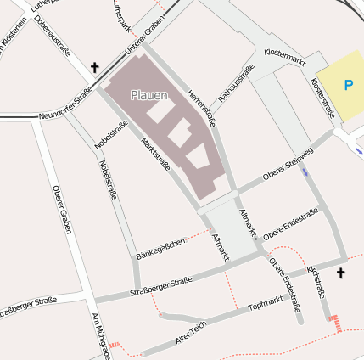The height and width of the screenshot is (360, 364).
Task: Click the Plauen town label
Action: [x=149, y=95]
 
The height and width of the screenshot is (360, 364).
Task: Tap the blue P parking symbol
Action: [x=348, y=85]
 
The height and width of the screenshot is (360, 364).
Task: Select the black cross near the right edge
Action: [x=341, y=273]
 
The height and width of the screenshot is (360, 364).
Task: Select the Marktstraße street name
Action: [x=156, y=160]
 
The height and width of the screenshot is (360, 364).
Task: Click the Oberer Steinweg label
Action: [x=288, y=163]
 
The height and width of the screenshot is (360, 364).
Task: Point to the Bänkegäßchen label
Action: [x=160, y=249]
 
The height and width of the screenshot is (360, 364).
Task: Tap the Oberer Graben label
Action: [x=61, y=211]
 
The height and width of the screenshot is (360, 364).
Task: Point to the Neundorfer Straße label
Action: [x=65, y=106]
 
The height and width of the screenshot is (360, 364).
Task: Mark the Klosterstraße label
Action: [x=322, y=98]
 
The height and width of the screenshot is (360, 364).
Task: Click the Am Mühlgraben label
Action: [x=100, y=335]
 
